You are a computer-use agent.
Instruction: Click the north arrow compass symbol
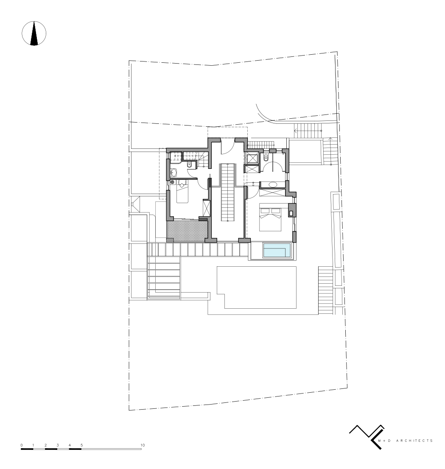coord(34,33)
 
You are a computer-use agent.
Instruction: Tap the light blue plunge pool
coord(277,251)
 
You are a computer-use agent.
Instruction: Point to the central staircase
coord(228,193)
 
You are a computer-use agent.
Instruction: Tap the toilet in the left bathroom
coord(189,165)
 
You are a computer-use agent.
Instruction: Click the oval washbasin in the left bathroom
coord(174,172)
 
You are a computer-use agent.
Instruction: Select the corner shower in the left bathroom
coord(176,158)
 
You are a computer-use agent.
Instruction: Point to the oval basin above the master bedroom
coord(273,184)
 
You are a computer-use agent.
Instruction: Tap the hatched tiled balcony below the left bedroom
coord(188,231)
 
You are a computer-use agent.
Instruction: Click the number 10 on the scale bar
coord(143,445)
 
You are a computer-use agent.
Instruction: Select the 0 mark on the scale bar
coord(22,445)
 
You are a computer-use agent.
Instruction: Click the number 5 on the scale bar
coord(82,445)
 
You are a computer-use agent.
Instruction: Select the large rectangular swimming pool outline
coord(257,288)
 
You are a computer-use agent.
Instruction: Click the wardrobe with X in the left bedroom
coord(207,208)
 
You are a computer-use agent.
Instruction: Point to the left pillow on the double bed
coord(265,211)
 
